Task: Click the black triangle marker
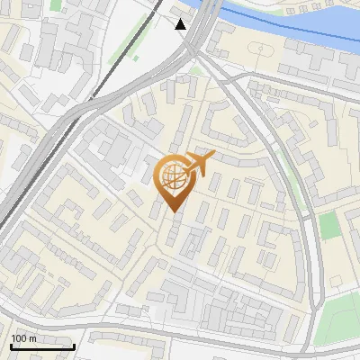pos(181,24)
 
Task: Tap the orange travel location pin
pos(175,180)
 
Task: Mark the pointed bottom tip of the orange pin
pos(175,212)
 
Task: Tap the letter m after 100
pos(32,337)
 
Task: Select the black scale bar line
pos(42,346)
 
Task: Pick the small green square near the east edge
pos(330,225)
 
